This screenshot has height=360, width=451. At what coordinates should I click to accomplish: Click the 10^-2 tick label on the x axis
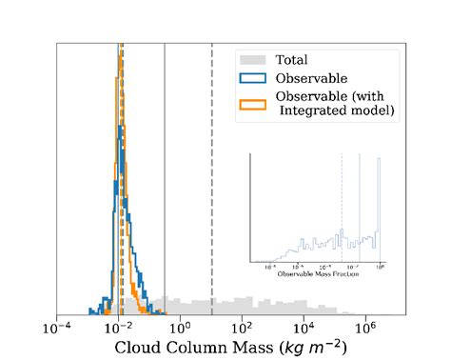click(x=119, y=327)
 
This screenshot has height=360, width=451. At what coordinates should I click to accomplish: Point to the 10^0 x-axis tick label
click(x=180, y=327)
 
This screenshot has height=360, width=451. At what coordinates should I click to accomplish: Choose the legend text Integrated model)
click(x=336, y=111)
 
